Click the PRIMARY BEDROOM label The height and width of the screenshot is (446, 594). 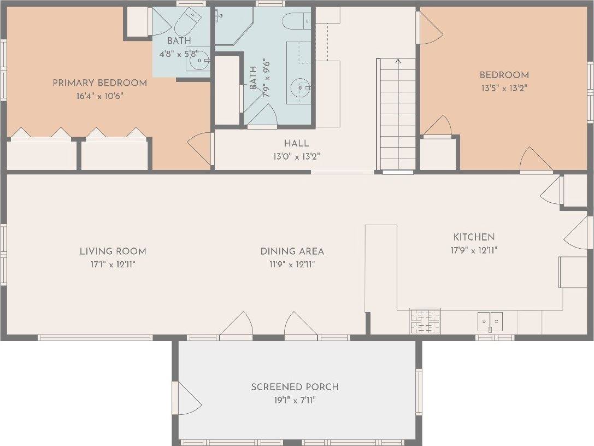(99, 83)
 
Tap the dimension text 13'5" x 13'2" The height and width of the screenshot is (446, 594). (504, 89)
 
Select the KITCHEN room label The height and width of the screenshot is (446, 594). (474, 237)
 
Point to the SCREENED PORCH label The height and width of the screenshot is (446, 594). (295, 387)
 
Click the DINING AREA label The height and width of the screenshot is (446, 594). (292, 251)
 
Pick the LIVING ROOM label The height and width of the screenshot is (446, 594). (113, 251)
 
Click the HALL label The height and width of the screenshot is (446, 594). (296, 143)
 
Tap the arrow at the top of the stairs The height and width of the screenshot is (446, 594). (398, 61)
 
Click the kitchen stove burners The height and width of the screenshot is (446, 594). (425, 321)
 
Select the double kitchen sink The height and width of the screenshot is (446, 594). (490, 322)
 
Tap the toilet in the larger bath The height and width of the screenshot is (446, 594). (297, 21)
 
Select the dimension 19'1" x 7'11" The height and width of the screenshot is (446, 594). (295, 400)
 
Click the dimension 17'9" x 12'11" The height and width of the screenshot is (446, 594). (474, 250)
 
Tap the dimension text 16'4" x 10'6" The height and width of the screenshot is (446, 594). (99, 96)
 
